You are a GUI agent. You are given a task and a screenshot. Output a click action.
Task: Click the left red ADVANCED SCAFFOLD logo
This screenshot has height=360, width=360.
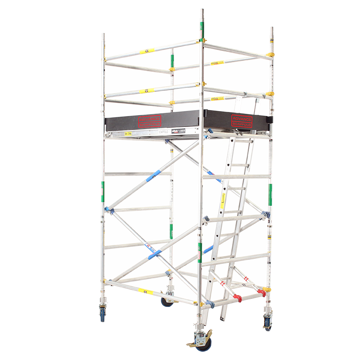tap(150, 121)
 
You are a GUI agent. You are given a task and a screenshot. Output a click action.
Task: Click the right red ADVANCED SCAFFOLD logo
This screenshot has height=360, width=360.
tap(242, 121)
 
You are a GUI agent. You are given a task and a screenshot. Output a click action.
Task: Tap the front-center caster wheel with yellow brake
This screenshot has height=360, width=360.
tap(204, 343)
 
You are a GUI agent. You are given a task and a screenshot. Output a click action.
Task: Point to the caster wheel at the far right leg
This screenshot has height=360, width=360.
tap(268, 323)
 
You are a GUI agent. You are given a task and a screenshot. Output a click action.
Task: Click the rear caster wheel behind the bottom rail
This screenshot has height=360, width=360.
tap(167, 301)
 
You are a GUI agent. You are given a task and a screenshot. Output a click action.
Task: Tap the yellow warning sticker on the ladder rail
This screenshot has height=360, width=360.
tap(222, 201)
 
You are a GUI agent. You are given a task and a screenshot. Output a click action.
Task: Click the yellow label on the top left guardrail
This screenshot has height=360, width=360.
tap(147, 51)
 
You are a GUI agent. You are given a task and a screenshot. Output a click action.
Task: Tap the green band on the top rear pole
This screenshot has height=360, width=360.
tap(171, 59)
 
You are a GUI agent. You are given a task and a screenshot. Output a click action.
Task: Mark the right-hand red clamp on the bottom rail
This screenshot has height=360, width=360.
tap(261, 293)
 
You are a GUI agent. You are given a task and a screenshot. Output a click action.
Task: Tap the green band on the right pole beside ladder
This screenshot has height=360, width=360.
tap(270, 194)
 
